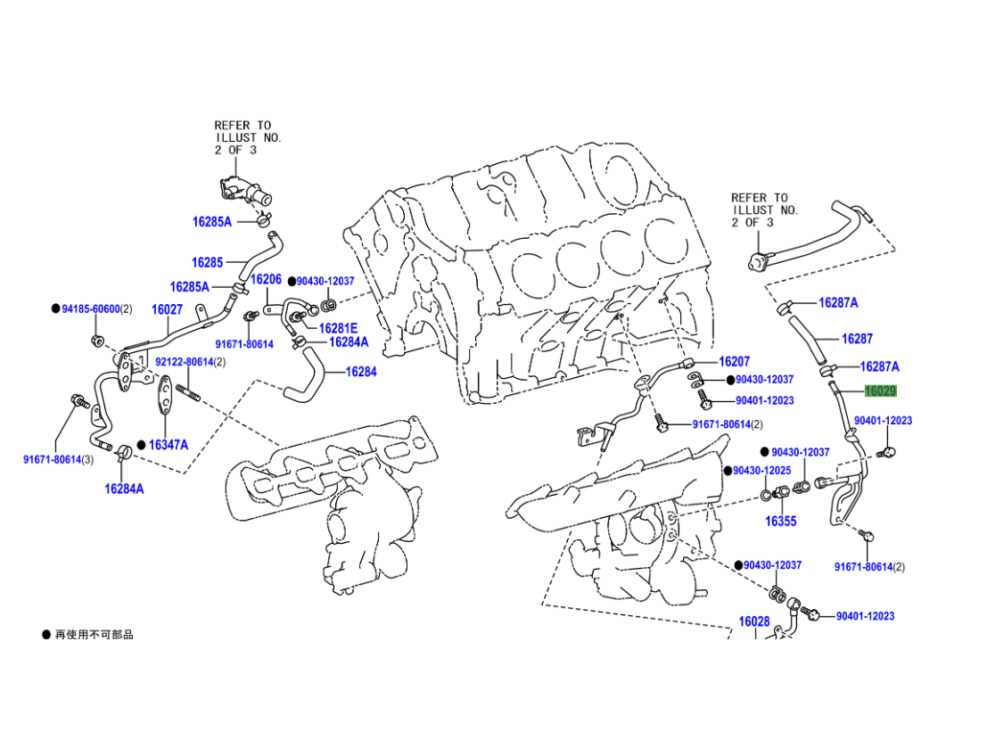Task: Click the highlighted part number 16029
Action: click(880, 391)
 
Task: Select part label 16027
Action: click(167, 309)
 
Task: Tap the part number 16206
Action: click(266, 279)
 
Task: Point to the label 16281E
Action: click(338, 328)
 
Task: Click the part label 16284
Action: click(361, 372)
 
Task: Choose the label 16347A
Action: click(169, 445)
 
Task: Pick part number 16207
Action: click(734, 361)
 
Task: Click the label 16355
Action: click(780, 521)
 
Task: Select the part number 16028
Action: click(754, 621)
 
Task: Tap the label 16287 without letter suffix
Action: click(857, 339)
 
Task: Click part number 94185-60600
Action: click(91, 309)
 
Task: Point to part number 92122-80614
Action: click(185, 362)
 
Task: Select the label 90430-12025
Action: click(761, 471)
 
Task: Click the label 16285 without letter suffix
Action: click(207, 262)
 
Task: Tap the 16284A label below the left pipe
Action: click(124, 489)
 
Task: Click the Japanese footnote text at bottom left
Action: click(94, 635)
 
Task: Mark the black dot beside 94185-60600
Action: click(56, 309)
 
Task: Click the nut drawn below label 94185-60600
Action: click(97, 341)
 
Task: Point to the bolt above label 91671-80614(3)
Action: click(80, 401)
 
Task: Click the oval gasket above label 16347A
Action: click(166, 394)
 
